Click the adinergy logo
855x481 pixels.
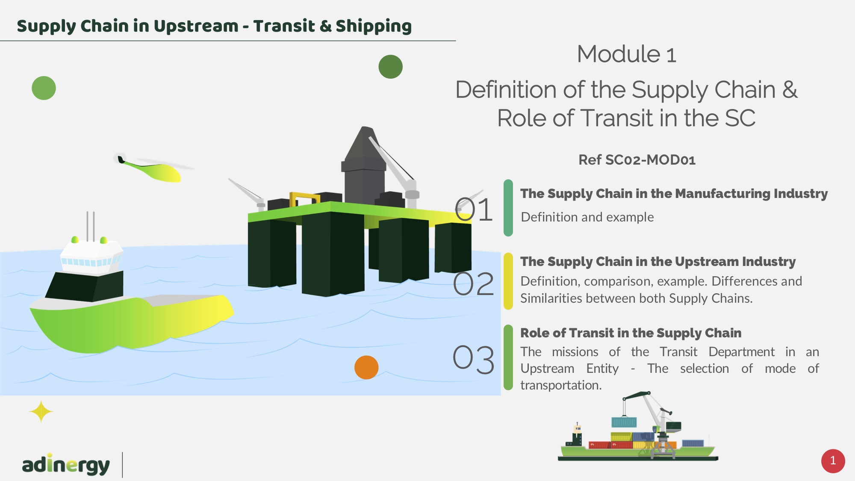[x=66, y=464]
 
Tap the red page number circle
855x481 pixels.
[x=833, y=461]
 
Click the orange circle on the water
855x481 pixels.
[x=366, y=367]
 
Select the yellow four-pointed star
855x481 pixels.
[x=41, y=412]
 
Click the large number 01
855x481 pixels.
[x=474, y=210]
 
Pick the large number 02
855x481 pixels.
[x=474, y=283]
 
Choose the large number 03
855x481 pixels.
[x=474, y=359]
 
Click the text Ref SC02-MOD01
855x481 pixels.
[x=637, y=160]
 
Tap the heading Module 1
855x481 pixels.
[x=627, y=54]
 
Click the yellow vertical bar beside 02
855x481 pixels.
[x=508, y=281]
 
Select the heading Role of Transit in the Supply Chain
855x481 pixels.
[x=631, y=333]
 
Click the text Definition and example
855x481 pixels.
[x=587, y=217]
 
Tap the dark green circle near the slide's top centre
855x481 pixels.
[x=391, y=67]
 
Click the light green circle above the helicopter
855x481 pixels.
[x=44, y=88]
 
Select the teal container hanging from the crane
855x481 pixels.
[x=624, y=422]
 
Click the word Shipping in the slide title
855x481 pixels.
[x=374, y=27]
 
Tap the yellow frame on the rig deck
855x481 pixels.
[x=304, y=200]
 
